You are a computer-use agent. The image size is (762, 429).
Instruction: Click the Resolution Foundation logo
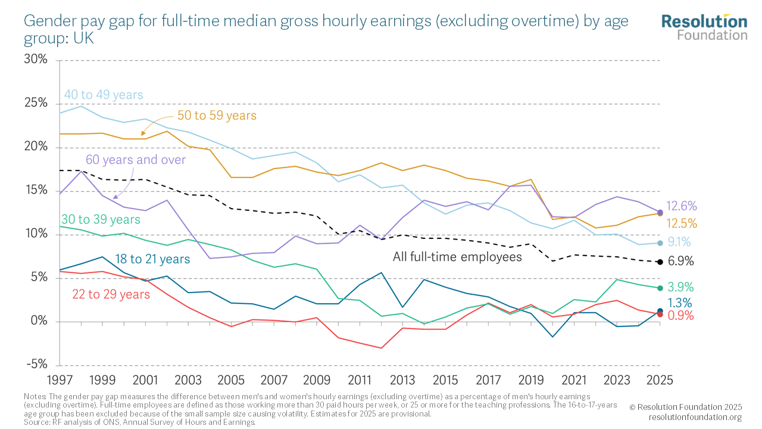(704, 27)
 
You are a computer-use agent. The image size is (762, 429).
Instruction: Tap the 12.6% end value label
(682, 206)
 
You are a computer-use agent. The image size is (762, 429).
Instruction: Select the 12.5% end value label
(682, 223)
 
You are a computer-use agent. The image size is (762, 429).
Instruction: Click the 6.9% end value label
(680, 262)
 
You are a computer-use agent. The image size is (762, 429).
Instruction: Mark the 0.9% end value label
(680, 316)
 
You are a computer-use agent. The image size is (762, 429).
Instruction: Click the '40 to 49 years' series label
(104, 95)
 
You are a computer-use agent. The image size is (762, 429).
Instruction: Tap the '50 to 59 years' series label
(217, 115)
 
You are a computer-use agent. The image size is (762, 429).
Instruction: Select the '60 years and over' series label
(136, 160)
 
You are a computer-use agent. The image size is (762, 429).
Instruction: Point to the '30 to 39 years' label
(101, 220)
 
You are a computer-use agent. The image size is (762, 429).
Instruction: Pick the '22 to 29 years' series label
(111, 294)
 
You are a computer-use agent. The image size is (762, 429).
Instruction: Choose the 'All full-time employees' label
(457, 257)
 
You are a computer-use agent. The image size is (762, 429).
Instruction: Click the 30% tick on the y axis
(35, 60)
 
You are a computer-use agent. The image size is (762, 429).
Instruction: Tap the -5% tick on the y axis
(36, 365)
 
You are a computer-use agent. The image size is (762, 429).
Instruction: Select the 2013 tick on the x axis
(403, 380)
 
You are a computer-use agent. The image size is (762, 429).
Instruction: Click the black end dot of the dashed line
(660, 262)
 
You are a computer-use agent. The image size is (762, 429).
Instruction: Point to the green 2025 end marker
(660, 288)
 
